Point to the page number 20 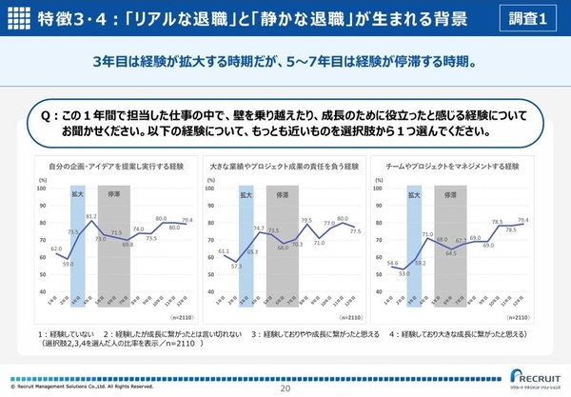point(285,388)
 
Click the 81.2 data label point(91,217)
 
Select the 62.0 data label point(56,248)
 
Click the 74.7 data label point(259,228)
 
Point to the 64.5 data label point(452,254)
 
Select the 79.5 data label point(306,220)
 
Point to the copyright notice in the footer point(81,387)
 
